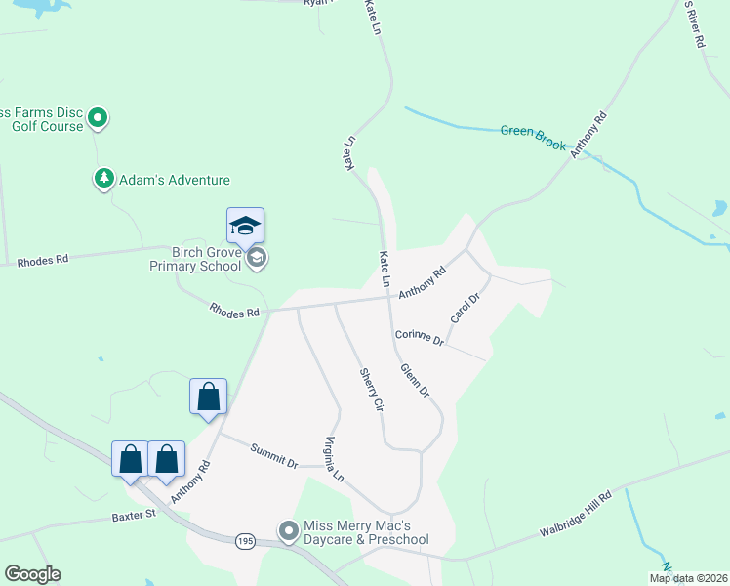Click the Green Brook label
(533, 136)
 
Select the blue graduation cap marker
(245, 228)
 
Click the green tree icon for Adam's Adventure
(103, 179)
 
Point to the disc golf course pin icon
(98, 118)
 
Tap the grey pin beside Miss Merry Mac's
(288, 531)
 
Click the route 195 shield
(246, 539)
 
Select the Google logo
(32, 574)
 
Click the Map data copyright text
(689, 577)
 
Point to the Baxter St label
(134, 513)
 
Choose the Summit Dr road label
(273, 454)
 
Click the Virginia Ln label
(335, 460)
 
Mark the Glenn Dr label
(414, 379)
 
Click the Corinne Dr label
(420, 339)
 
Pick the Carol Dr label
(465, 308)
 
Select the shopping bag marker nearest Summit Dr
(208, 397)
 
